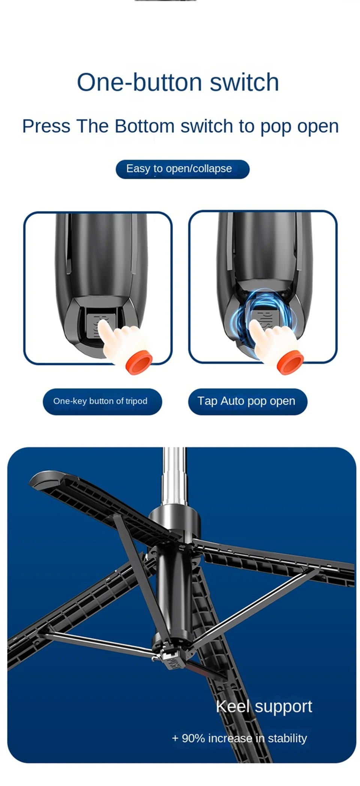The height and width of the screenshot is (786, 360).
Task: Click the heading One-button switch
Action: click(178, 82)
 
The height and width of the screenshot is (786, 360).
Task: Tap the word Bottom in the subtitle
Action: click(144, 126)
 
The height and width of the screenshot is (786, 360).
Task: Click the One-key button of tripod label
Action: click(100, 401)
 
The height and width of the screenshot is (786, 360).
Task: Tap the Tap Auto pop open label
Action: click(246, 401)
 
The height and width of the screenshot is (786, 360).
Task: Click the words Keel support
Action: click(264, 706)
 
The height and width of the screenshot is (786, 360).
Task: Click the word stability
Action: click(287, 738)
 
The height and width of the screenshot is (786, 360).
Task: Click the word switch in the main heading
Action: click(244, 82)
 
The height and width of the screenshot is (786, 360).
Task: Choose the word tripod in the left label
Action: click(136, 401)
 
